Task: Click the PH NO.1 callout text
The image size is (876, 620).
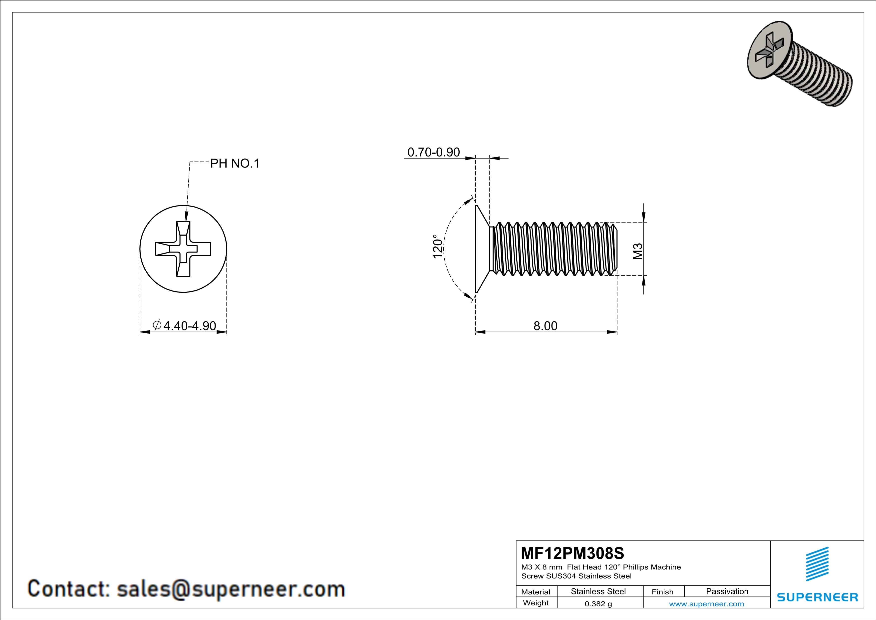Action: click(x=235, y=163)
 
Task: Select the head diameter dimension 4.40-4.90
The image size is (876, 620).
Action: click(x=190, y=326)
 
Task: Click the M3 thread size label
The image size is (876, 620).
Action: click(x=638, y=251)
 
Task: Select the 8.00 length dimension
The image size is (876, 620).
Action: click(x=545, y=326)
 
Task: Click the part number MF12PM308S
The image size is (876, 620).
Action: click(x=572, y=553)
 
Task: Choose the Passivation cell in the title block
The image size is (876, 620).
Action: click(x=727, y=591)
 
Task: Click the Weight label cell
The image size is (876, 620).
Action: click(x=536, y=603)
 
